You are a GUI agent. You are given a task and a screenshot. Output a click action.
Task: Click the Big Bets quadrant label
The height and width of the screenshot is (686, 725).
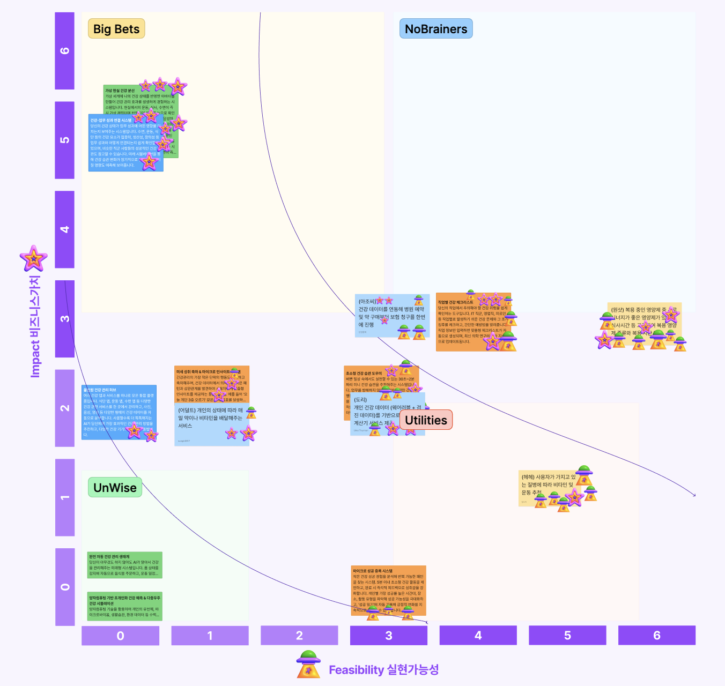(x=116, y=29)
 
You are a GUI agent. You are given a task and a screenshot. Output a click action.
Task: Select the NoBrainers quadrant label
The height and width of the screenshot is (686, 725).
(x=435, y=29)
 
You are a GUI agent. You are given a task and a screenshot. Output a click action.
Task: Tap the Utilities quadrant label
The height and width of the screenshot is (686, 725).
(x=426, y=420)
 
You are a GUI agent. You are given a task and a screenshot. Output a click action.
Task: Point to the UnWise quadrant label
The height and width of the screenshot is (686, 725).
(x=115, y=488)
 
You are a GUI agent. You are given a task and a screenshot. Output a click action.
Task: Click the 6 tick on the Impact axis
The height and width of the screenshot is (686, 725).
(x=65, y=51)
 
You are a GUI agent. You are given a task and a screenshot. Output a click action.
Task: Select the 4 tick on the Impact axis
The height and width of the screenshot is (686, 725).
(x=65, y=229)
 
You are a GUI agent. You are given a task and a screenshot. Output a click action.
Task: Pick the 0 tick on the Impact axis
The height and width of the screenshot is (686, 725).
(x=65, y=587)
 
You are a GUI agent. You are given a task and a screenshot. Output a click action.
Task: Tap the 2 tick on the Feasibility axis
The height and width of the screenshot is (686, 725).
(x=299, y=636)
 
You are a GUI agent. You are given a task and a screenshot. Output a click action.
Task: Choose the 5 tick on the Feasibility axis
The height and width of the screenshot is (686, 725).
(x=567, y=636)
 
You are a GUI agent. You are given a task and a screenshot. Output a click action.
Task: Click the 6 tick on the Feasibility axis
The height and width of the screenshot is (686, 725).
(x=657, y=636)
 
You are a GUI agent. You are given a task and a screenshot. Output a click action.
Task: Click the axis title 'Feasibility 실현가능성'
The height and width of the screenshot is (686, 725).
(x=383, y=670)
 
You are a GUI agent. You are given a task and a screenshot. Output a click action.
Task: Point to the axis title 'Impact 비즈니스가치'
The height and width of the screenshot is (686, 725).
(x=35, y=326)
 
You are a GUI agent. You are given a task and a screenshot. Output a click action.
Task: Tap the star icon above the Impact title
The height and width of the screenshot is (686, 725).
(x=34, y=259)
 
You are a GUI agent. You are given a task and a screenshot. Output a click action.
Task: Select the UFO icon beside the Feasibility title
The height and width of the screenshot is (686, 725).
(x=308, y=665)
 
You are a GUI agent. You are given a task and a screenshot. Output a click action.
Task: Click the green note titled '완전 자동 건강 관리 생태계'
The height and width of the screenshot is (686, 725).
(x=124, y=565)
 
